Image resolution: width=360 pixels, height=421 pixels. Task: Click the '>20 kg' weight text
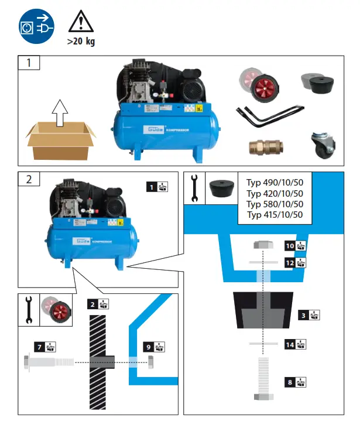[80, 42]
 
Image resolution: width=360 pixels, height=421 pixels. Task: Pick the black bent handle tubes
[269, 115]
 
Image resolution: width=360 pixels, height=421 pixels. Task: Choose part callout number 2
[92, 304]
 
